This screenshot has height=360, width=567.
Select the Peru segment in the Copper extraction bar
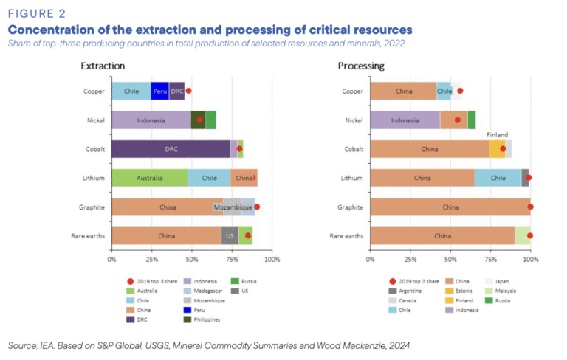[x=160, y=91]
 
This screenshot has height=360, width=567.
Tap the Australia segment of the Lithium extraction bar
[x=149, y=178]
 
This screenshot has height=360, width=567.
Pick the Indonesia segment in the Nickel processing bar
[x=405, y=120]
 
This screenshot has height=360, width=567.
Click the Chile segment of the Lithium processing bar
[x=498, y=178]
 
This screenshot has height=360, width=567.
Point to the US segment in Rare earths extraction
[x=230, y=236]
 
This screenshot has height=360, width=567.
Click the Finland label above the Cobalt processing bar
[x=498, y=135]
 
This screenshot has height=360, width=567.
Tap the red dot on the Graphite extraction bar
[x=257, y=207]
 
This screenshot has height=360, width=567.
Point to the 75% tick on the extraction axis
[x=232, y=260]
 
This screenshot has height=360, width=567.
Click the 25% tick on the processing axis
[x=410, y=260]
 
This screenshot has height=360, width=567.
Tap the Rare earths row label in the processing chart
[x=346, y=236]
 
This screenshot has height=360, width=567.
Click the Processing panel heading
[x=361, y=66]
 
